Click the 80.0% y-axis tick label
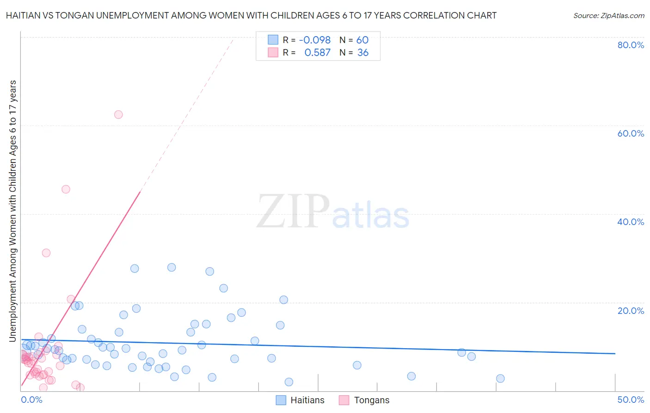pyautogui.click(x=631, y=45)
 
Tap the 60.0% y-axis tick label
pyautogui.click(x=631, y=133)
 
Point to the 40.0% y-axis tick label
pyautogui.click(x=631, y=222)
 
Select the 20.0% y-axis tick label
pyautogui.click(x=631, y=311)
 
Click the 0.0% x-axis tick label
pyautogui.click(x=31, y=400)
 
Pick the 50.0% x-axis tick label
pyautogui.click(x=631, y=400)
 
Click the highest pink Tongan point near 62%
pyautogui.click(x=118, y=114)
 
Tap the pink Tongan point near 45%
pyautogui.click(x=66, y=189)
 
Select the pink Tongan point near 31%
pyautogui.click(x=46, y=253)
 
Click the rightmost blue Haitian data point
pyautogui.click(x=500, y=378)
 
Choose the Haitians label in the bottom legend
pyautogui.click(x=307, y=400)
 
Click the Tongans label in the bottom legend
pyautogui.click(x=371, y=400)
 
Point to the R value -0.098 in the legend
pyautogui.click(x=315, y=40)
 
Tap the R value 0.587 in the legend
pyautogui.click(x=317, y=53)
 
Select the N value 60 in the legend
pyautogui.click(x=362, y=40)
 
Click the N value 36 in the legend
pyautogui.click(x=362, y=53)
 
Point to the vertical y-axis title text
pyautogui.click(x=13, y=211)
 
